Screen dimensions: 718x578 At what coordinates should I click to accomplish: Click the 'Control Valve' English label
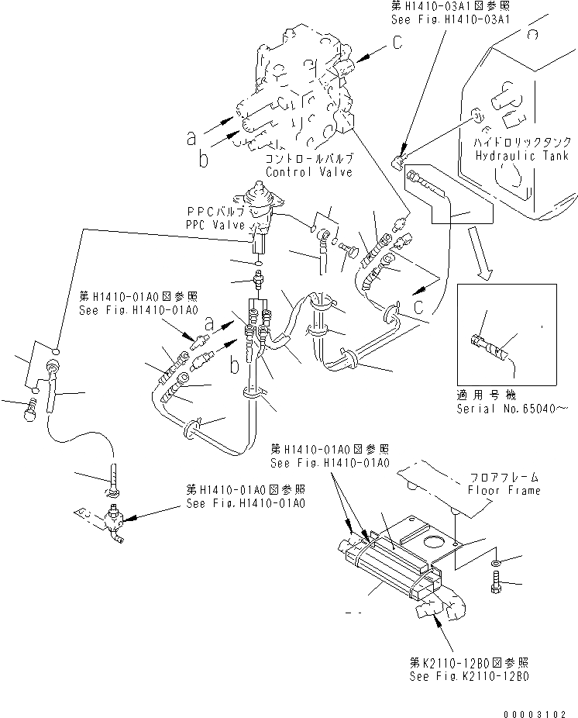308,171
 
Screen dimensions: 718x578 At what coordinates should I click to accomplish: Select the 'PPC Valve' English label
215,224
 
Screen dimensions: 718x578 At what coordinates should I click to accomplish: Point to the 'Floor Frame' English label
503,491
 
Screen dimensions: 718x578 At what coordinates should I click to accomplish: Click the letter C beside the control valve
396,43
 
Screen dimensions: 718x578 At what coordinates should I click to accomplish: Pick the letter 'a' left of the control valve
191,138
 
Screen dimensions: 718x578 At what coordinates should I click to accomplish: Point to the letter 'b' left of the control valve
203,159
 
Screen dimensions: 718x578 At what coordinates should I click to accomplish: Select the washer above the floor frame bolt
496,560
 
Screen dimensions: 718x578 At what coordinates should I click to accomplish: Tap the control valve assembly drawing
298,93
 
